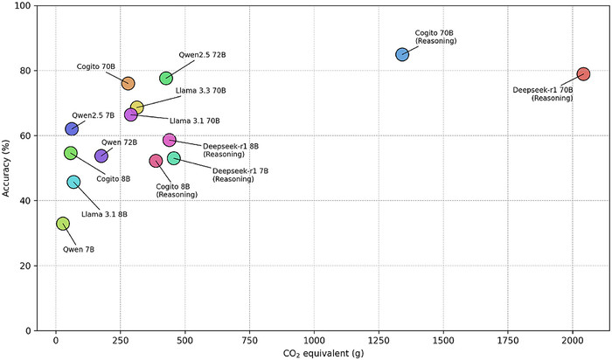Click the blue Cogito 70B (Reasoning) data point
402,54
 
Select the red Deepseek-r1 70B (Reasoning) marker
583,74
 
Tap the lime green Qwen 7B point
63,224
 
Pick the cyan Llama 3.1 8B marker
73,182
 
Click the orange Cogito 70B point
128,83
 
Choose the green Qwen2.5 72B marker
166,78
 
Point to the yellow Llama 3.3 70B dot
137,107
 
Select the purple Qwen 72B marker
101,156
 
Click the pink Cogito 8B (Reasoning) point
156,161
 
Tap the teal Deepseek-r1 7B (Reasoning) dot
174,158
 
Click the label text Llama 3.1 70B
194,121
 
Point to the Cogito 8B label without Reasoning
113,178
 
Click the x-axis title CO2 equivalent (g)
313,352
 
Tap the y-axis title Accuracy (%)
9,168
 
